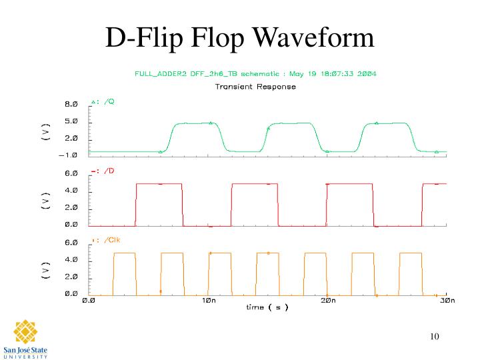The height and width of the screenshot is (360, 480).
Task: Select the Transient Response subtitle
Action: pyautogui.click(x=255, y=87)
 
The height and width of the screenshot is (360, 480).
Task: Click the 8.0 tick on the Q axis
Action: pyautogui.click(x=71, y=105)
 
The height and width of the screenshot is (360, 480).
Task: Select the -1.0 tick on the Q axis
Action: pyautogui.click(x=70, y=155)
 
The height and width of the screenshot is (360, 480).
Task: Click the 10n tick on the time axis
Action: pyautogui.click(x=207, y=301)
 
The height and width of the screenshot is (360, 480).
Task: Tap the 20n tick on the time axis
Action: pyautogui.click(x=327, y=301)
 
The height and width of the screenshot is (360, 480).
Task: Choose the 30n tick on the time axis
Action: pyautogui.click(x=447, y=301)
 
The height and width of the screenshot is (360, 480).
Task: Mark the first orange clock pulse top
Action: pyautogui.click(x=124, y=253)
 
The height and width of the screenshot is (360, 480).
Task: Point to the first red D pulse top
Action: pyautogui.click(x=159, y=183)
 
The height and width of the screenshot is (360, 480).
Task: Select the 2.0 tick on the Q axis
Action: pyautogui.click(x=71, y=139)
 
